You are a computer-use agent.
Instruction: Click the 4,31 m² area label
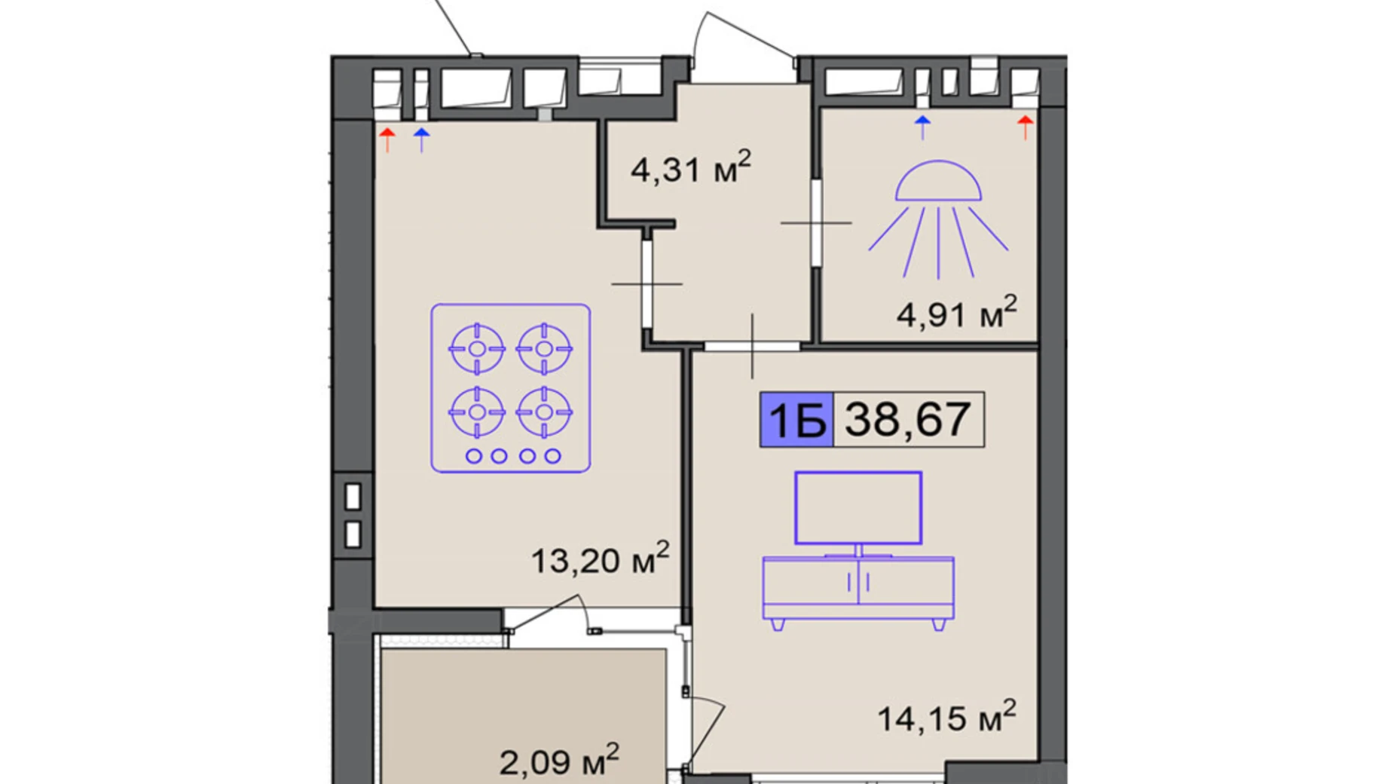click(x=691, y=167)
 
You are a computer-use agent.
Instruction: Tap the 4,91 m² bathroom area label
click(x=956, y=312)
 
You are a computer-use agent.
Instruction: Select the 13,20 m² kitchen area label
click(x=600, y=559)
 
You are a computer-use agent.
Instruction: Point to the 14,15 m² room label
click(x=946, y=717)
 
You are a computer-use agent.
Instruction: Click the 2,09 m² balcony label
click(x=558, y=760)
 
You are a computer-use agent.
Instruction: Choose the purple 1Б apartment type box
click(x=796, y=420)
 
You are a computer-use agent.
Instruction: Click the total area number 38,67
click(x=907, y=420)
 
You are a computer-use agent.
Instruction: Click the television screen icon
click(x=858, y=508)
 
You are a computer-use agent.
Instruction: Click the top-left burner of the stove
click(x=477, y=348)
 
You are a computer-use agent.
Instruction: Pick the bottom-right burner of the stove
click(x=544, y=412)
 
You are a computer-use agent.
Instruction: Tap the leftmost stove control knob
click(x=474, y=456)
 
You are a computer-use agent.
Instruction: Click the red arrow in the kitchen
click(x=387, y=140)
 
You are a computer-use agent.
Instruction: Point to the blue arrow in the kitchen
click(x=421, y=140)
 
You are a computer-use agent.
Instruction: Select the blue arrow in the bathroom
click(x=922, y=128)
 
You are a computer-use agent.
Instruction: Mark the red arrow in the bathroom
click(x=1025, y=128)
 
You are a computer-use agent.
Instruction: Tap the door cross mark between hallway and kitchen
click(x=647, y=284)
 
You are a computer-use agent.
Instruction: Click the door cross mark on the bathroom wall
click(x=816, y=223)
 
